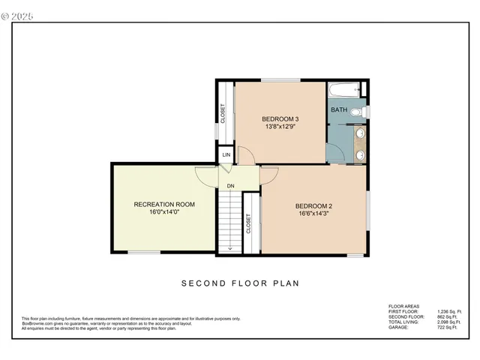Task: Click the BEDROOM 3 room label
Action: pos(280,119)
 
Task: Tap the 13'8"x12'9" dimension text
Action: pos(280,128)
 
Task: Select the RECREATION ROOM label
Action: pos(164,204)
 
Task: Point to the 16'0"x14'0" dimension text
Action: pos(164,213)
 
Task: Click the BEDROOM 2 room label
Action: pos(313,206)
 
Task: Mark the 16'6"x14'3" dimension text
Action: pos(313,215)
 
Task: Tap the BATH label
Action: pos(339,110)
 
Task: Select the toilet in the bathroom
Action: pos(358,112)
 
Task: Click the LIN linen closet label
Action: pos(226,155)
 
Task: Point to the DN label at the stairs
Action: pos(231,186)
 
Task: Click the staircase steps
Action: pos(229,221)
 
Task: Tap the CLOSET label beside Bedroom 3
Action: pos(223,113)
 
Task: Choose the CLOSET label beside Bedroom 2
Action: pos(248,223)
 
